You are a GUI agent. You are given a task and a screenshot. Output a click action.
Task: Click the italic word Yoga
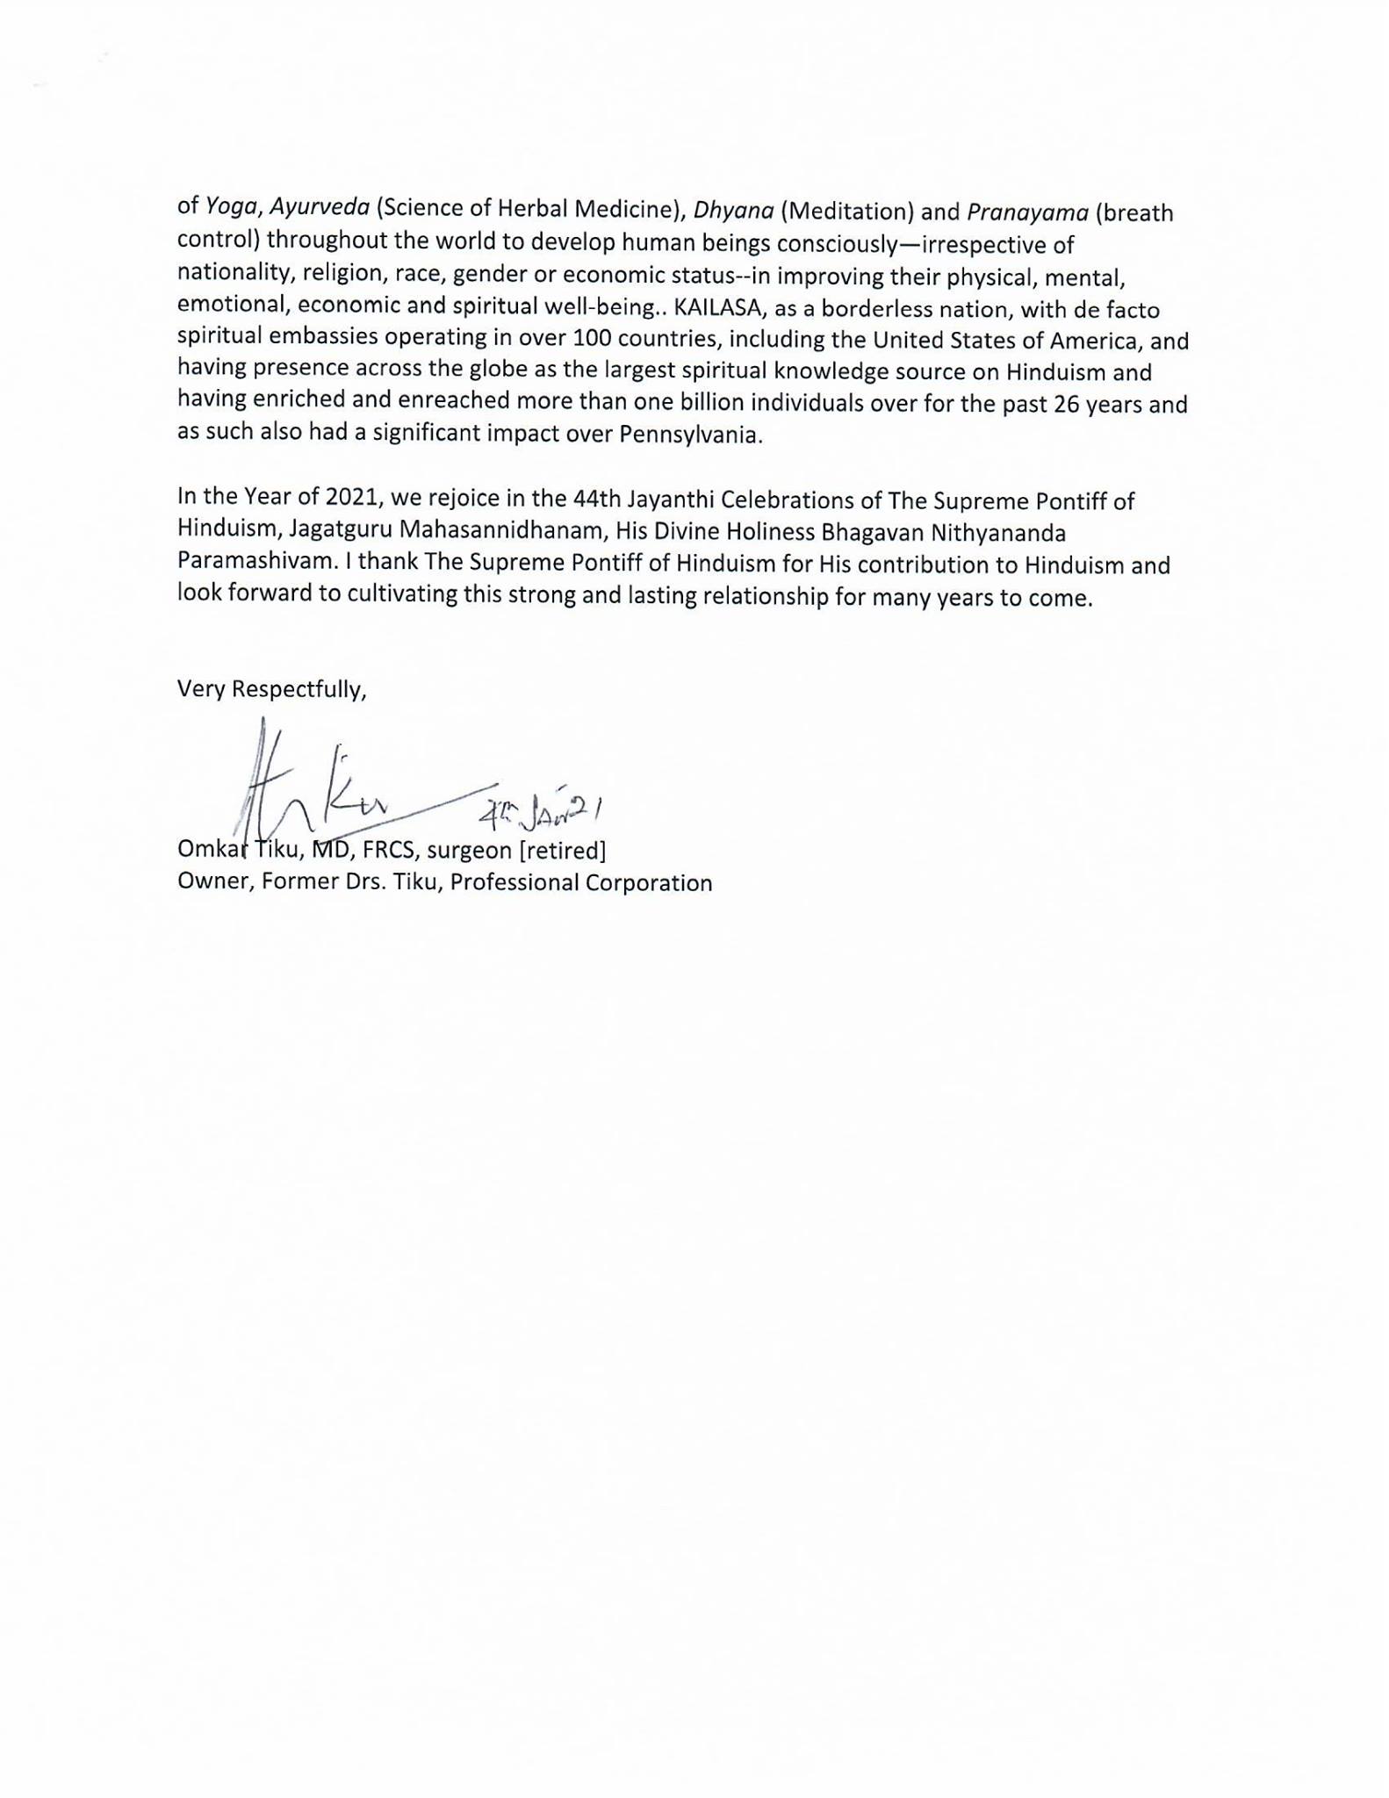click(231, 206)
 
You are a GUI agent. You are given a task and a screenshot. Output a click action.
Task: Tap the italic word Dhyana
click(733, 211)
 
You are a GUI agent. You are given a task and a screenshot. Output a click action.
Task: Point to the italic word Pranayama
click(1026, 212)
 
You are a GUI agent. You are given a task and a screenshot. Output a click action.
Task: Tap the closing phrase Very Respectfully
click(271, 689)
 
